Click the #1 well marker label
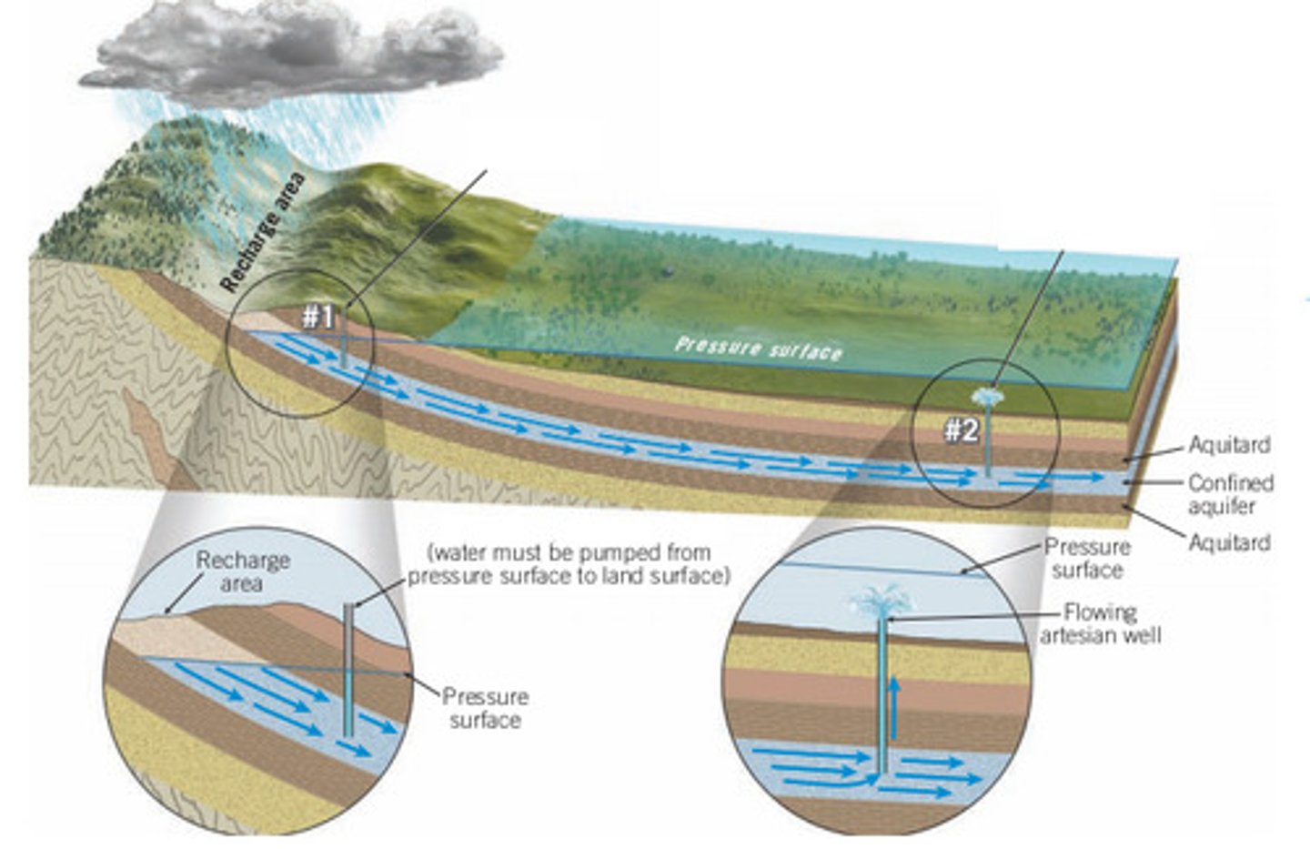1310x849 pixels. click(x=318, y=318)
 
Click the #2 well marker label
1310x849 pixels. click(x=960, y=430)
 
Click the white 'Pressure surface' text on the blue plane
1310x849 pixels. click(x=758, y=348)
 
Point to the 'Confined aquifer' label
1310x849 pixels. click(x=1229, y=494)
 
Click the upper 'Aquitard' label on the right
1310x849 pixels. click(x=1229, y=445)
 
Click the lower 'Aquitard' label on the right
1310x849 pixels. click(x=1229, y=542)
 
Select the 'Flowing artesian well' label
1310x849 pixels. click(x=1100, y=623)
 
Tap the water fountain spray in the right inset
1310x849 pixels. click(x=882, y=600)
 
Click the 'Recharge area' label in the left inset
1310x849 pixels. click(x=243, y=571)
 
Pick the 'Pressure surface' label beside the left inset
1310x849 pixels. click(x=485, y=708)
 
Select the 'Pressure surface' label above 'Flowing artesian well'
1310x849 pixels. click(x=1087, y=558)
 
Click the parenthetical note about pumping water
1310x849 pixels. click(x=569, y=564)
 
